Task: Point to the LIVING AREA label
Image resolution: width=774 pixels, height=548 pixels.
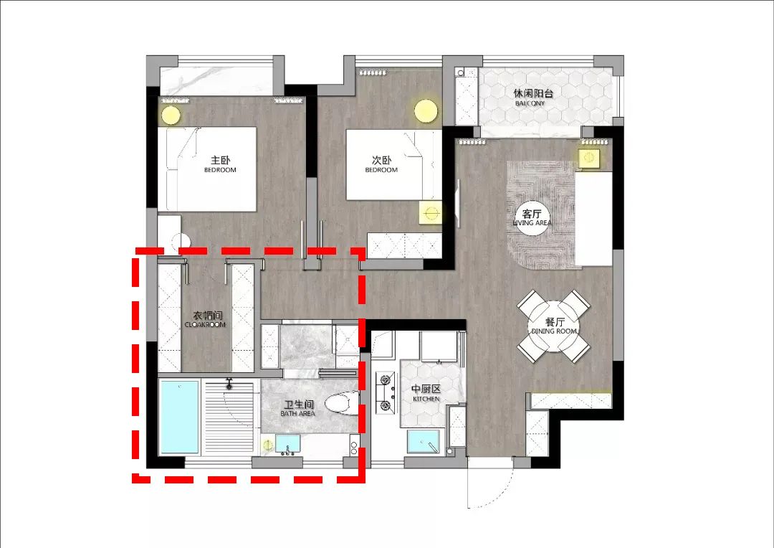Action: point(532,223)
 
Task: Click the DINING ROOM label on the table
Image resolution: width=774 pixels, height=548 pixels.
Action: point(553,331)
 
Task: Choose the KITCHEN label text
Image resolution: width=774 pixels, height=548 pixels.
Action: point(425,399)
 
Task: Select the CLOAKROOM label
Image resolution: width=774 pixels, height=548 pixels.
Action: point(205,325)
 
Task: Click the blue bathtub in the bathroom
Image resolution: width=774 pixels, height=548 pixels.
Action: point(178,417)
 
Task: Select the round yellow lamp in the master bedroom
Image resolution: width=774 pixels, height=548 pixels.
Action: point(171,115)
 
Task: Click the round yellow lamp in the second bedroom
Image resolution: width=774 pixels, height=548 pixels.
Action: point(426,110)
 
